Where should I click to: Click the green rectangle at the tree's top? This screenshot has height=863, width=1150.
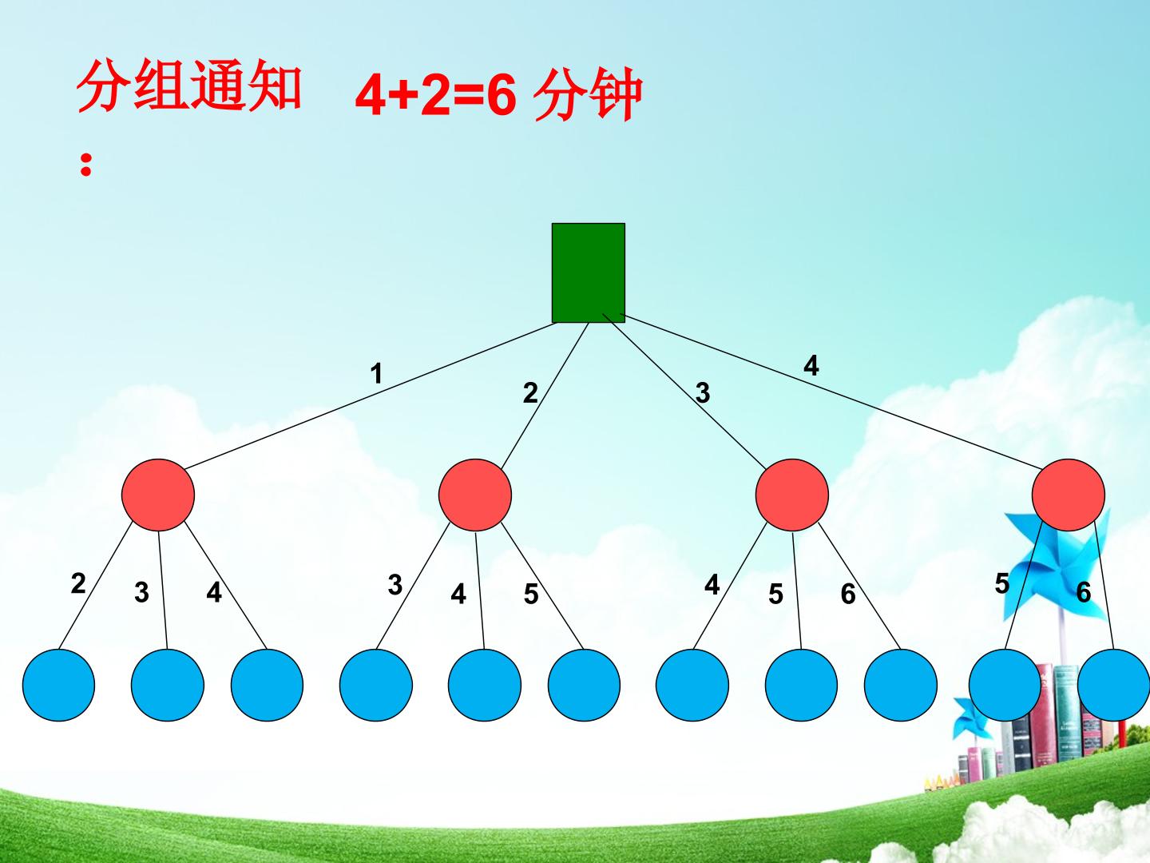[x=589, y=272]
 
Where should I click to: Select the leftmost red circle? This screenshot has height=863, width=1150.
[x=158, y=495]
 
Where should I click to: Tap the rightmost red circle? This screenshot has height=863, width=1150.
[x=1069, y=495]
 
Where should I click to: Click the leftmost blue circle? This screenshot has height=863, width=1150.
[x=58, y=686]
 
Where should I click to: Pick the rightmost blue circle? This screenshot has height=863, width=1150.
[x=1113, y=686]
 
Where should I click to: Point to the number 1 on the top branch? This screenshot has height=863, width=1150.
[x=376, y=374]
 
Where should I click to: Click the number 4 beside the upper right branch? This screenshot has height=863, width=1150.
[x=811, y=365]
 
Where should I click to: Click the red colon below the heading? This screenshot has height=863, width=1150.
[x=86, y=165]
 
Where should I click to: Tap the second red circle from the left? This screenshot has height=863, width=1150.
[x=475, y=495]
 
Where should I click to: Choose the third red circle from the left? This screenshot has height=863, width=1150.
[x=792, y=495]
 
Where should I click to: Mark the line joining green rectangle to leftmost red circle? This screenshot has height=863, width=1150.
[x=371, y=395]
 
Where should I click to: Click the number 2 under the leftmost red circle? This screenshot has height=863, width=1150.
[x=78, y=583]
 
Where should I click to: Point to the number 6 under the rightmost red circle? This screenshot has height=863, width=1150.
[x=1084, y=592]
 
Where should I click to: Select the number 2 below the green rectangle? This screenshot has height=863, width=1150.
[x=530, y=393]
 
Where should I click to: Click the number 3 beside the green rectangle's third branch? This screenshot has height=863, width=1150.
[x=703, y=393]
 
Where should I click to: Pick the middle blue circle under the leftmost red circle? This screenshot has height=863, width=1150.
[x=168, y=686]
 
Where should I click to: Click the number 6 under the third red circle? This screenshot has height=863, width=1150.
[x=848, y=594]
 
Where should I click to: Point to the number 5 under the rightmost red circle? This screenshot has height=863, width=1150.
[x=1002, y=583]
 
